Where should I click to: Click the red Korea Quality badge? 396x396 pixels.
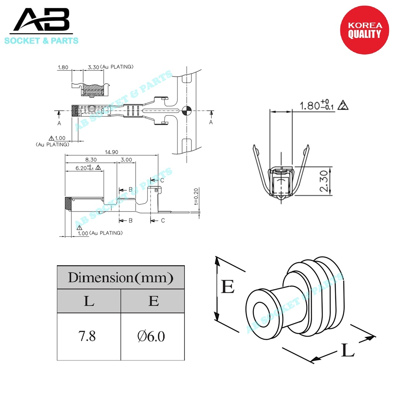(364, 30)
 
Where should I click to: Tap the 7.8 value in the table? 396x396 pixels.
(87, 336)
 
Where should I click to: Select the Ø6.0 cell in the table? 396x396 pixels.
(151, 336)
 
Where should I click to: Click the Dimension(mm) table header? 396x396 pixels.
(121, 277)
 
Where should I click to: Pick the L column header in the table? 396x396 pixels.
(89, 301)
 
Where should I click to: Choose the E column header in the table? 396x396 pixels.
(154, 301)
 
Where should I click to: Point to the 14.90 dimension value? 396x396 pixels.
(111, 152)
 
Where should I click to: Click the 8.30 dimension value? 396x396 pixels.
(91, 160)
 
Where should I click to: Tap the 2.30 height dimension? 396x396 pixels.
(324, 181)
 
